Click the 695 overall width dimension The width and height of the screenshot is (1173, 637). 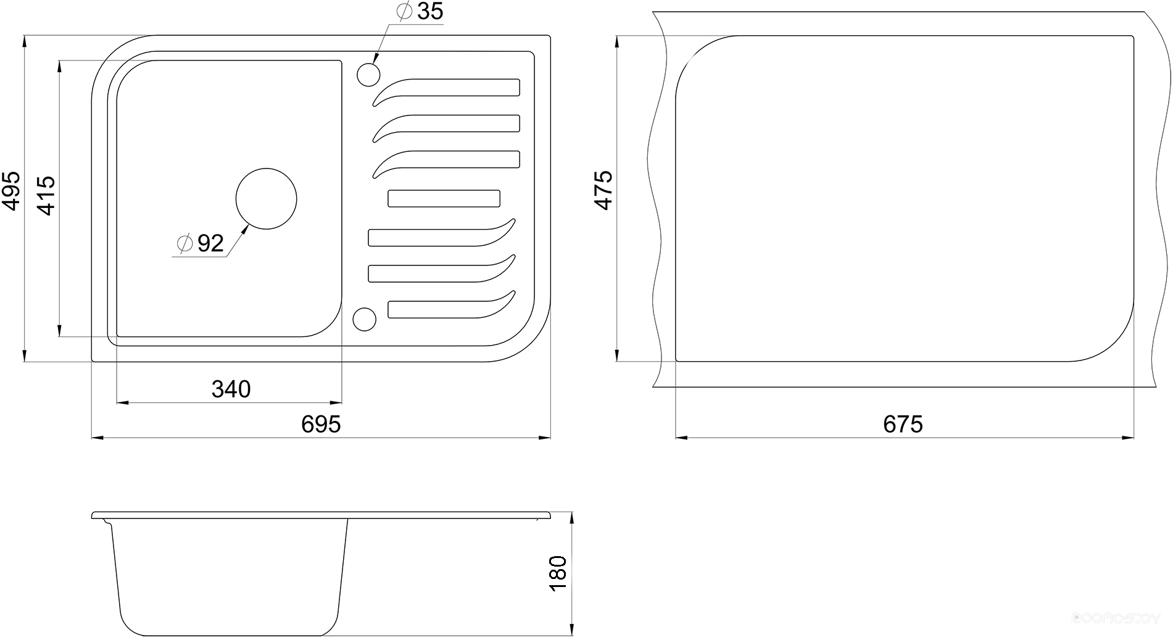click(321, 424)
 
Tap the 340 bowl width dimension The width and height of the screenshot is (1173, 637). click(231, 389)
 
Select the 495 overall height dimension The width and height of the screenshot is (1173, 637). click(11, 191)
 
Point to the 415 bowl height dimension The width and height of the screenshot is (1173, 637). click(46, 196)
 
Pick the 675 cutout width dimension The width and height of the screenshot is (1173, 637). click(903, 424)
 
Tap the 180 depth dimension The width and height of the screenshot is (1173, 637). click(557, 573)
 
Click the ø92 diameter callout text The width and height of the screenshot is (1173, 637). click(200, 244)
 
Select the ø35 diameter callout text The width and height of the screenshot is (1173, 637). click(420, 11)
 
